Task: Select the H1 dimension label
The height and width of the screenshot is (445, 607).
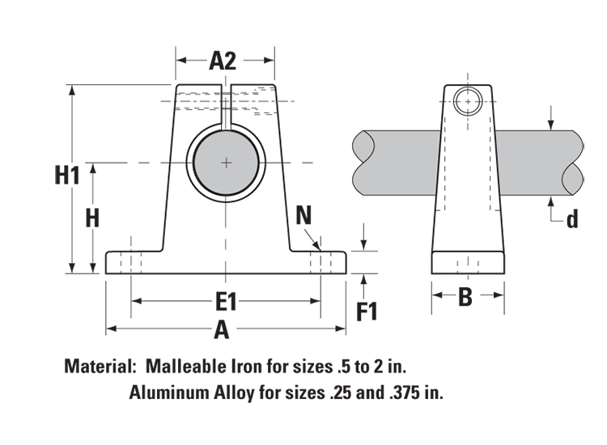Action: [68, 174]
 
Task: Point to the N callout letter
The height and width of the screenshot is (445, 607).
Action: [303, 214]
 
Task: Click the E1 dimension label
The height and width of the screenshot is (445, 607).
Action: [226, 302]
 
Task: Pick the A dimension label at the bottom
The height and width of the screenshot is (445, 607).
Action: [221, 330]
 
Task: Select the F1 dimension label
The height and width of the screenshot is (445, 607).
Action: [367, 311]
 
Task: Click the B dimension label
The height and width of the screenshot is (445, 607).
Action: [465, 297]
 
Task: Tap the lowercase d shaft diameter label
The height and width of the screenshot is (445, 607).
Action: [572, 219]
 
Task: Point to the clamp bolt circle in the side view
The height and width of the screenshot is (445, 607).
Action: [467, 103]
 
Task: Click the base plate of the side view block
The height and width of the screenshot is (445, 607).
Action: [468, 263]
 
